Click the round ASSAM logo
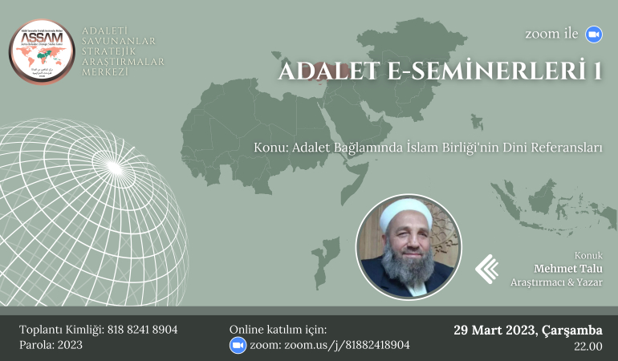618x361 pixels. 42,53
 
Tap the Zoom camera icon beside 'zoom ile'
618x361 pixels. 593,34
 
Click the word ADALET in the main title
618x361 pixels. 326,72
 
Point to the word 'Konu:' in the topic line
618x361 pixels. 270,148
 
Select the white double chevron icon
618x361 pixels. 486,269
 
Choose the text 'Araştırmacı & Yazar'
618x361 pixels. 556,283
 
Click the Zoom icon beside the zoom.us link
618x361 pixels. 237,345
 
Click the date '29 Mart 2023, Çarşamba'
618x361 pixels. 527,330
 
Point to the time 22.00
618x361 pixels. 588,347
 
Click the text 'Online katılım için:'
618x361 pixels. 278,330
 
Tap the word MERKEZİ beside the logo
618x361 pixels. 104,72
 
